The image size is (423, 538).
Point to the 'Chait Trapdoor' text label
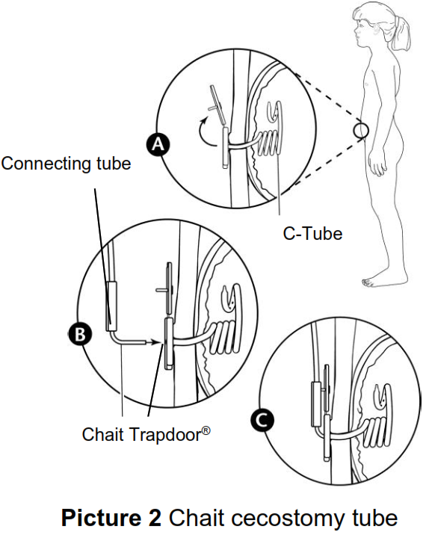[142, 433]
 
